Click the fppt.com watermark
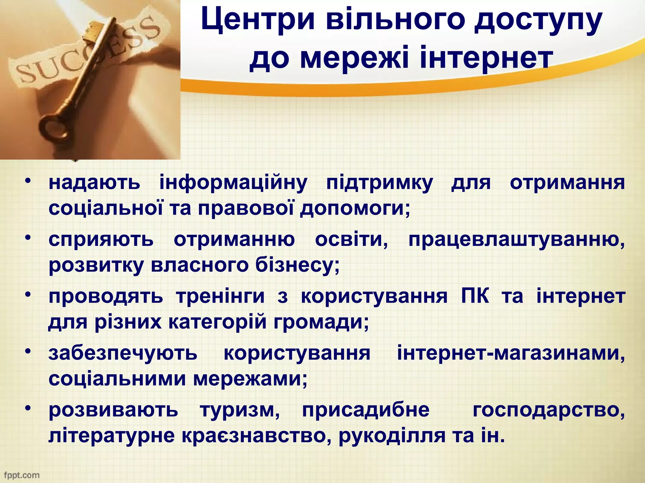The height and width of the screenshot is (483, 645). [x=21, y=475]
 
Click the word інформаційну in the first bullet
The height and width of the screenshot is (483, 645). [x=233, y=183]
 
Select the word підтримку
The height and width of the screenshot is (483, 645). [x=380, y=183]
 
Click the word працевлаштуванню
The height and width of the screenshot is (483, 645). [x=517, y=240]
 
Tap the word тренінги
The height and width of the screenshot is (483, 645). [x=220, y=296]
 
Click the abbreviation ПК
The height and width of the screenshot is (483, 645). [x=475, y=296]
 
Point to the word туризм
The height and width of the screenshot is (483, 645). [x=240, y=410]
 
